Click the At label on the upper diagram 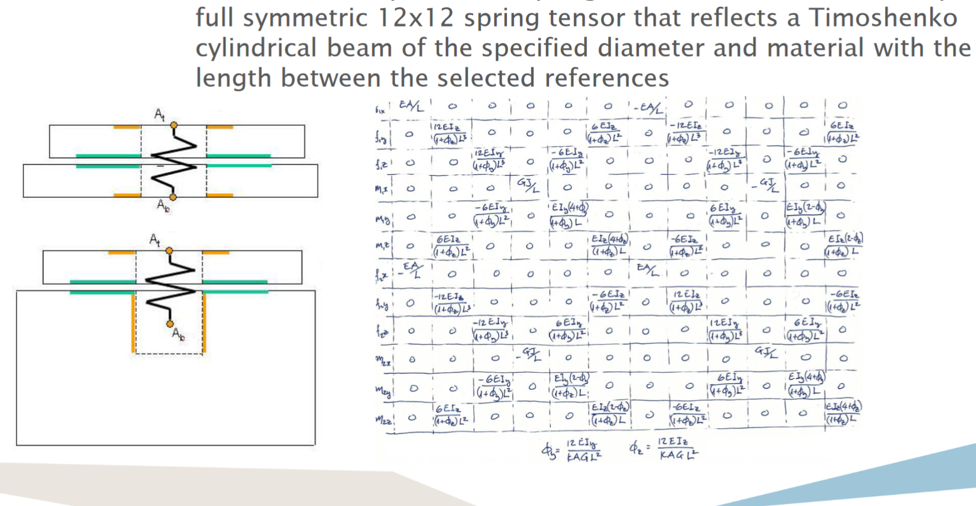pyautogui.click(x=160, y=115)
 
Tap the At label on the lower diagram pyautogui.click(x=154, y=240)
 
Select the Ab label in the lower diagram pyautogui.click(x=178, y=334)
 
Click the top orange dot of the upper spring pyautogui.click(x=174, y=125)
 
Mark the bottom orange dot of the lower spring pyautogui.click(x=170, y=324)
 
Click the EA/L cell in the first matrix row pyautogui.click(x=411, y=106)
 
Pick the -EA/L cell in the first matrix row pyautogui.click(x=649, y=108)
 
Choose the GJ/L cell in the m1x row pyautogui.click(x=529, y=184)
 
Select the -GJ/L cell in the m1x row pyautogui.click(x=765, y=185)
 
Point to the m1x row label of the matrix pyautogui.click(x=382, y=189)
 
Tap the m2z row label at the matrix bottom pyautogui.click(x=383, y=420)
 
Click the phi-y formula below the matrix pyautogui.click(x=572, y=451)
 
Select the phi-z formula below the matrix pyautogui.click(x=664, y=449)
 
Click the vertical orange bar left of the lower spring pyautogui.click(x=133, y=322)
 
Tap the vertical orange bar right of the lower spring pyautogui.click(x=204, y=322)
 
